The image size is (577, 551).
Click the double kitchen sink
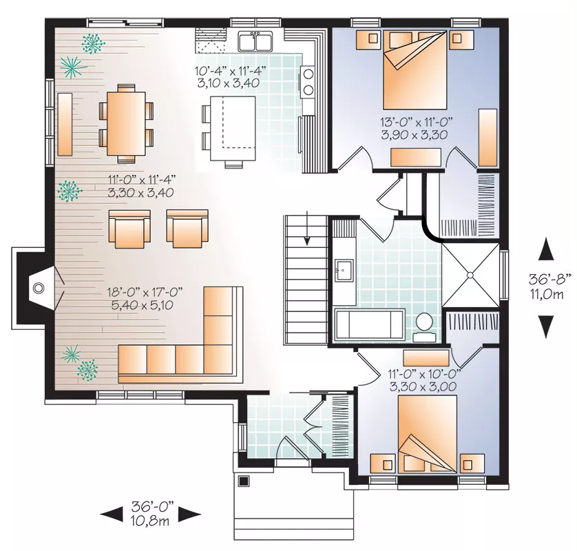pyautogui.click(x=255, y=41)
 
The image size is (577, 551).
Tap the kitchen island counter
pyautogui.click(x=233, y=128)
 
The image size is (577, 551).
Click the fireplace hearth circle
pyautogui.click(x=39, y=288)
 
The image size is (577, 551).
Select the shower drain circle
pyautogui.click(x=470, y=275)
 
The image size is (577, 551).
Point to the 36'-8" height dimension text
pyautogui.click(x=550, y=280)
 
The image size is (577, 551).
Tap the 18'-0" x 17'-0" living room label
pyautogui.click(x=145, y=293)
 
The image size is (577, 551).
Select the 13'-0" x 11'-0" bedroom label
pyautogui.click(x=416, y=122)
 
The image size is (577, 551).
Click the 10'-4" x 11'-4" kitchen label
pyautogui.click(x=230, y=70)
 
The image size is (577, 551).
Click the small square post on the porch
pyautogui.click(x=244, y=481)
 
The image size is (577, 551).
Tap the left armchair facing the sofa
pyautogui.click(x=129, y=229)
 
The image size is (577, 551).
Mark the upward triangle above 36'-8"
pyautogui.click(x=546, y=250)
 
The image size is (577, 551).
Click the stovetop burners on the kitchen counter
pyautogui.click(x=308, y=82)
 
